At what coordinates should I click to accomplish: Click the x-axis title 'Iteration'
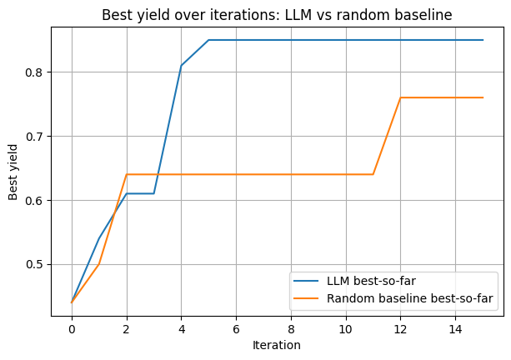pos(277,344)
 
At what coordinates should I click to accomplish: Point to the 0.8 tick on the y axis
pos(33,72)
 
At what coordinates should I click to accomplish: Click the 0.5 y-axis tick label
pos(33,265)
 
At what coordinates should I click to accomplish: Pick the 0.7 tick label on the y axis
pos(33,137)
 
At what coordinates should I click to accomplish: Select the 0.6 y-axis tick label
pos(33,201)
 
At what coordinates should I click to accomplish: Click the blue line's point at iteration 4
pos(181,65)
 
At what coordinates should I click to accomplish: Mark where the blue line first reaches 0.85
pos(208,40)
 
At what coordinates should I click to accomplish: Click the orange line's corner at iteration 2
pos(127,174)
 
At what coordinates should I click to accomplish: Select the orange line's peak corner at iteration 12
pos(400,97)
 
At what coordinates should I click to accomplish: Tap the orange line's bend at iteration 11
pos(373,174)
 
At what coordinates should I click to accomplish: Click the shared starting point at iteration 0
pos(72,302)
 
